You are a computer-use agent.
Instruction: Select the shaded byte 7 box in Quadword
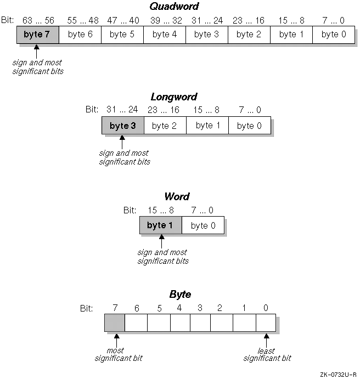(x=37, y=34)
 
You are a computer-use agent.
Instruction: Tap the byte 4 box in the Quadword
(x=164, y=34)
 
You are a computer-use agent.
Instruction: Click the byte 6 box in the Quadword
(x=80, y=34)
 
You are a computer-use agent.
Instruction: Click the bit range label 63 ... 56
(x=37, y=20)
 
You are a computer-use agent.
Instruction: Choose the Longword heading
(x=174, y=97)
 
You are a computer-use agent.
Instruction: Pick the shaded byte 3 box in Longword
(x=123, y=126)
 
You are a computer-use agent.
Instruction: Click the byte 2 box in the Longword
(x=164, y=126)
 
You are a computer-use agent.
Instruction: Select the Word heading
(x=177, y=196)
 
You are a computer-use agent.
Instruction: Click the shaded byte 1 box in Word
(x=161, y=225)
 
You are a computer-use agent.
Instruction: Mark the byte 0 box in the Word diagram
(x=203, y=225)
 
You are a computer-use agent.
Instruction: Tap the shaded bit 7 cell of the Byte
(x=114, y=323)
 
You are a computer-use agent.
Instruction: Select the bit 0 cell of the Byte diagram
(x=266, y=323)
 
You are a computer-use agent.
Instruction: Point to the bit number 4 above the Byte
(x=179, y=308)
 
